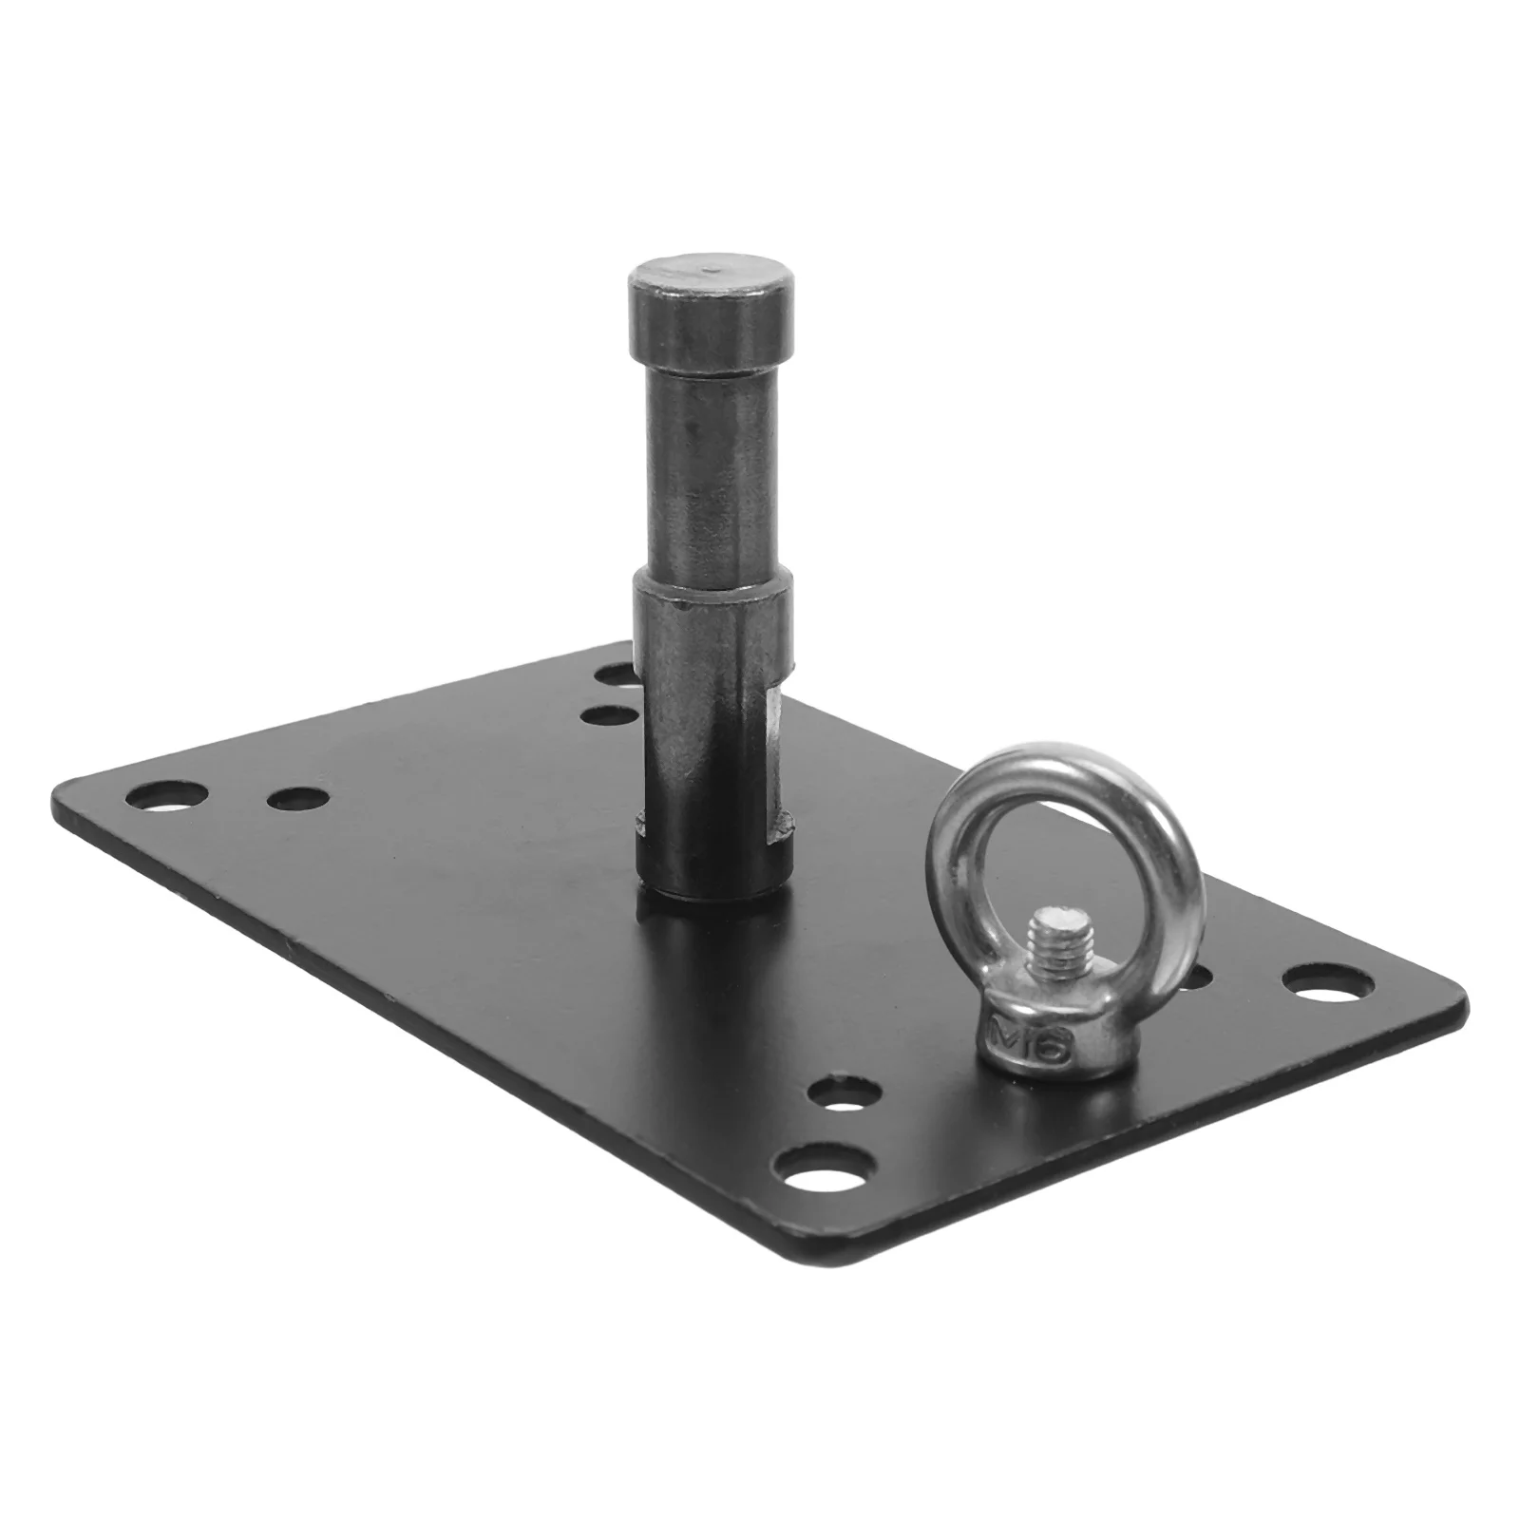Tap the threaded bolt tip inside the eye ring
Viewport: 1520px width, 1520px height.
coord(1057,940)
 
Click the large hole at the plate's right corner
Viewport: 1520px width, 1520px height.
coord(1328,985)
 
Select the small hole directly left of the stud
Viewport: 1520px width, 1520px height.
coord(608,714)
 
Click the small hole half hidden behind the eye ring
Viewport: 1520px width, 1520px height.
coord(1199,977)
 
